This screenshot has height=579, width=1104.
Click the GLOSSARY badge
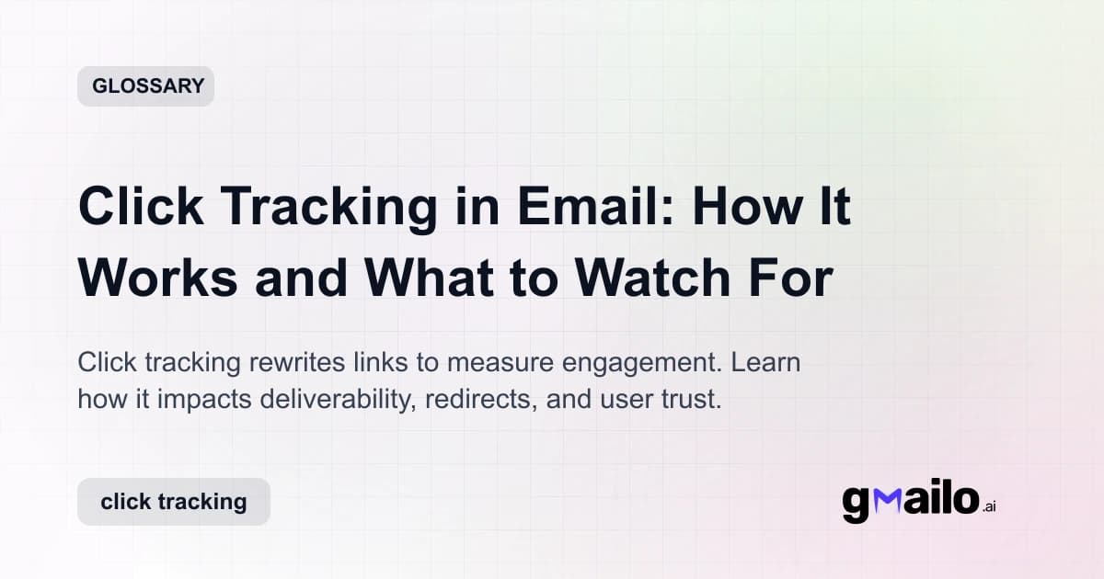click(145, 86)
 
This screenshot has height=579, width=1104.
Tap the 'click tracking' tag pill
click(174, 502)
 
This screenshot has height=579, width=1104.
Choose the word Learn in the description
click(765, 362)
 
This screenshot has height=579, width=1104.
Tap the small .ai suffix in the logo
click(988, 507)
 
